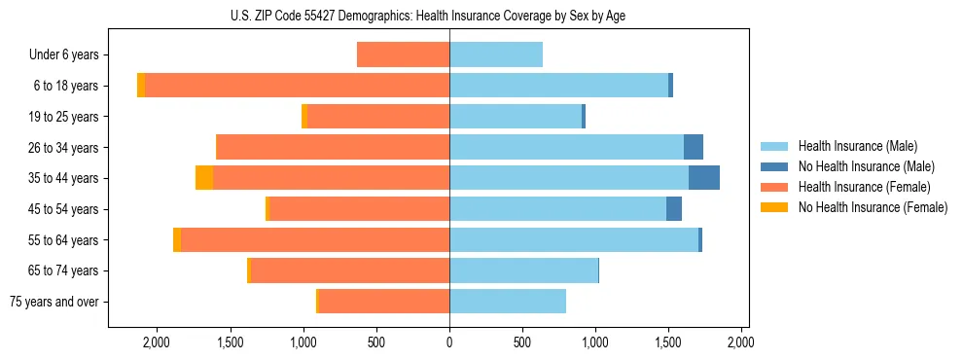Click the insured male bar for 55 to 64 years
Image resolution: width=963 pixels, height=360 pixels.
pyautogui.click(x=573, y=239)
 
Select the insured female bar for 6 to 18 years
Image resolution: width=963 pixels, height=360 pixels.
pyautogui.click(x=297, y=86)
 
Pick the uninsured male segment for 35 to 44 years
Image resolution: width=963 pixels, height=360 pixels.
pyautogui.click(x=703, y=178)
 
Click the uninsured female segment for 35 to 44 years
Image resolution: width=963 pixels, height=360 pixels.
pyautogui.click(x=204, y=178)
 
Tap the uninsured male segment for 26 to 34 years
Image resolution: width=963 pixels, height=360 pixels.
pyautogui.click(x=693, y=147)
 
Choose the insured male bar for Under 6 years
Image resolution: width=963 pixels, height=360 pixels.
pyautogui.click(x=495, y=54)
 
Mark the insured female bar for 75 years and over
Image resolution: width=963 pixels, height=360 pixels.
pyautogui.click(x=383, y=302)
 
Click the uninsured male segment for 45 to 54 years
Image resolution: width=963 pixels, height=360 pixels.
pyautogui.click(x=673, y=209)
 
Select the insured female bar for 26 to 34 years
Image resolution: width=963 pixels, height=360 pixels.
pyautogui.click(x=332, y=147)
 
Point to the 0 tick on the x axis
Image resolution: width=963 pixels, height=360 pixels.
pyautogui.click(x=449, y=342)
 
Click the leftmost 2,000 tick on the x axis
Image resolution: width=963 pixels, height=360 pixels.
pyautogui.click(x=157, y=342)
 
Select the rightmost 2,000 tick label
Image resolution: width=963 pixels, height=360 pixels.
pyautogui.click(x=741, y=342)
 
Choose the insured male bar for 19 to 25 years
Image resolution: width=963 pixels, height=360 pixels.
pyautogui.click(x=515, y=117)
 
